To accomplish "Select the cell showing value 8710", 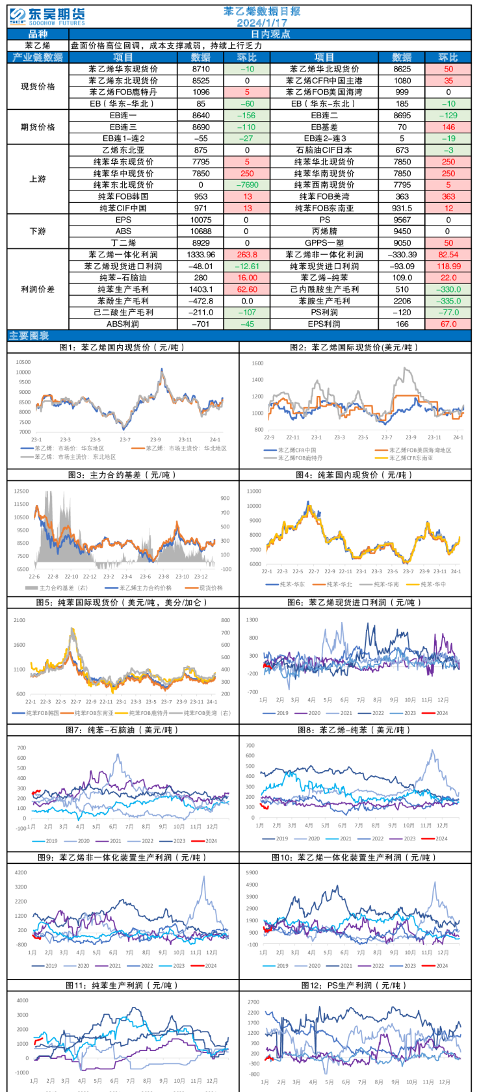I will click(201, 69).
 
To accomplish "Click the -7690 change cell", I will click(247, 185).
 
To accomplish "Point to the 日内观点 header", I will click(270, 34).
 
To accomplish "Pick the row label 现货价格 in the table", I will click(38, 86).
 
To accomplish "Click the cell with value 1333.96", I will click(201, 255).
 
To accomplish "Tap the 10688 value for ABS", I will click(201, 231).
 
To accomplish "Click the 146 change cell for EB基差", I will click(448, 127).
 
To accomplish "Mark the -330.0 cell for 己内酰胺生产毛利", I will click(448, 289).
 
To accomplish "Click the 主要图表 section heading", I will click(29, 335).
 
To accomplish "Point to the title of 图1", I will click(122, 348).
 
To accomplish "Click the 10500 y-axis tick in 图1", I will click(23, 362).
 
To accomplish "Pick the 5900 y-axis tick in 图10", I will click(252, 873).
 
